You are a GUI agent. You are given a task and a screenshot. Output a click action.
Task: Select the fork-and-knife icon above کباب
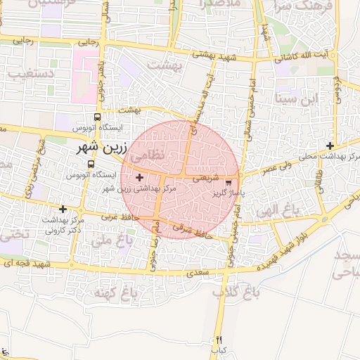click(x=219, y=340)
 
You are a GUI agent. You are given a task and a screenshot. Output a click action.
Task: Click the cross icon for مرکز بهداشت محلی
click(x=330, y=146)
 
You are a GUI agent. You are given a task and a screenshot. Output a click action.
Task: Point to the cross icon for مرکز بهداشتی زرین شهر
click(x=139, y=178)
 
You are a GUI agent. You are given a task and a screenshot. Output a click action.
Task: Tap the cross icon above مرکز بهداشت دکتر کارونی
click(x=63, y=209)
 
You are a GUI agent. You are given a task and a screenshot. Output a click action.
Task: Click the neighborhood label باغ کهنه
click(x=113, y=291)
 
